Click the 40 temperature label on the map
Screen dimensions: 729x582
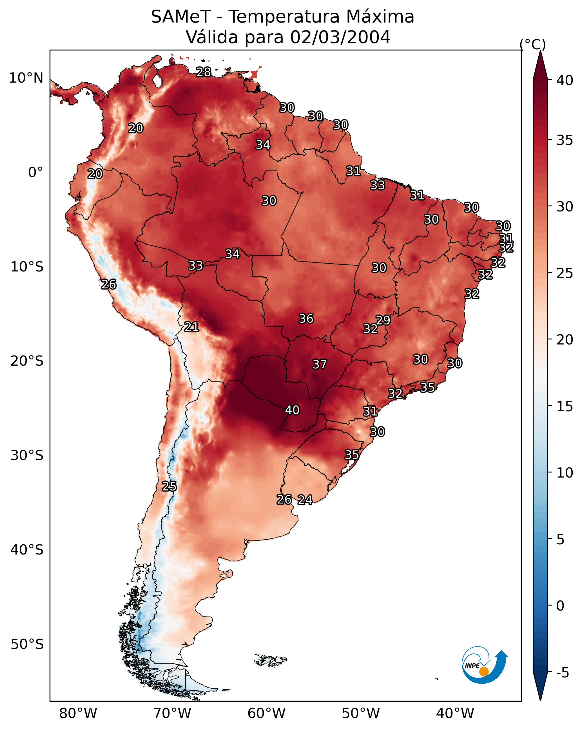coord(292,410)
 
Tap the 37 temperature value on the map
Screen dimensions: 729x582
coord(320,364)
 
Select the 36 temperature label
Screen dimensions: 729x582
coord(306,319)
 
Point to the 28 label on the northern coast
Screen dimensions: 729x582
coord(204,72)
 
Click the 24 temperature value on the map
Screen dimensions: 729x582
coord(305,500)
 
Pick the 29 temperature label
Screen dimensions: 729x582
coord(383,320)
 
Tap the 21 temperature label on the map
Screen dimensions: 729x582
coord(191,327)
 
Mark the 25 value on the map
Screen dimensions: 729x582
coord(169,486)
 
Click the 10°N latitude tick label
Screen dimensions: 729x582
coord(26,78)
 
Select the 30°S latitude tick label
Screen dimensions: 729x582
coord(27,456)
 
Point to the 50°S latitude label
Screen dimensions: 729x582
coord(27,644)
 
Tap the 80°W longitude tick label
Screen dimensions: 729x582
coord(78,713)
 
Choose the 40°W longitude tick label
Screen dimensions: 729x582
coord(455,713)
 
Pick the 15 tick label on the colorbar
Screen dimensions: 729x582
coord(565,407)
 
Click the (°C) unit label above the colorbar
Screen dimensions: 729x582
coord(533,44)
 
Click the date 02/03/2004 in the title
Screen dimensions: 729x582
coord(340,37)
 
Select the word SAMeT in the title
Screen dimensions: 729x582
coord(181,17)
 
